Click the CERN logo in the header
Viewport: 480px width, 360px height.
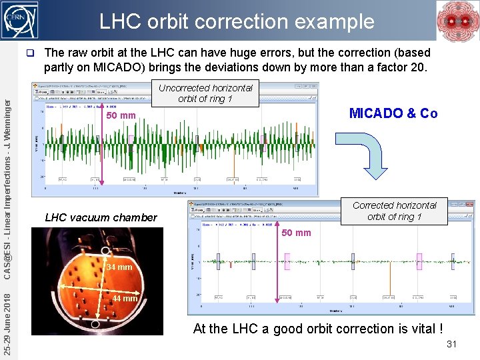(x=20, y=19)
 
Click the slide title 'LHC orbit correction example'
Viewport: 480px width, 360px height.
(x=237, y=21)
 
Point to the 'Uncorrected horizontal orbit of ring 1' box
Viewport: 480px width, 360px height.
(x=205, y=93)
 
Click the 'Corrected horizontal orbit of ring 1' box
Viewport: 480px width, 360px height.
(x=394, y=211)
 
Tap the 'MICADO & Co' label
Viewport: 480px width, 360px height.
(x=393, y=113)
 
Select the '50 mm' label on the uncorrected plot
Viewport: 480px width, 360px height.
(x=121, y=116)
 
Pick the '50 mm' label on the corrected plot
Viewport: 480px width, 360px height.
(x=296, y=233)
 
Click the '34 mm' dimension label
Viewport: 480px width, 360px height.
(x=120, y=268)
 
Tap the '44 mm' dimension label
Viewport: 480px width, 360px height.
(x=125, y=298)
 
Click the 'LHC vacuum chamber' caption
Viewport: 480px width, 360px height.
(x=101, y=217)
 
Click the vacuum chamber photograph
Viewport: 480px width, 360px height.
(x=100, y=280)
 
